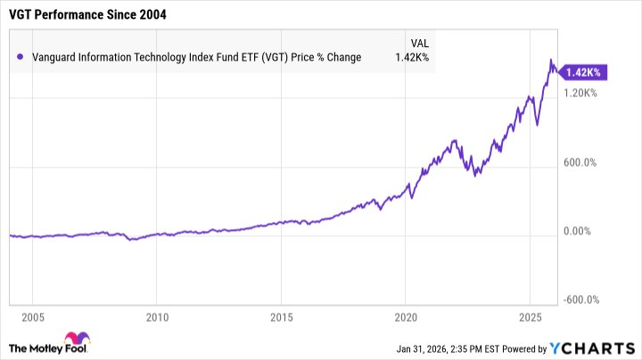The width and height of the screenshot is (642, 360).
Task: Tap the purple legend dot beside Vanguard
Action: tap(20, 57)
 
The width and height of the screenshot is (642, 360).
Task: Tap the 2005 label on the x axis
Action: tap(33, 316)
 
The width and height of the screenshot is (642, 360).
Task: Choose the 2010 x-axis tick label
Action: tap(157, 316)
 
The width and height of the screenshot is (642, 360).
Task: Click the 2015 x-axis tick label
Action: tap(281, 316)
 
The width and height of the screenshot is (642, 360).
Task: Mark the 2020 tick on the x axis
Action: tap(406, 316)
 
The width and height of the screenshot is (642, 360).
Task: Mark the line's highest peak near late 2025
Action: tap(551, 61)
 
